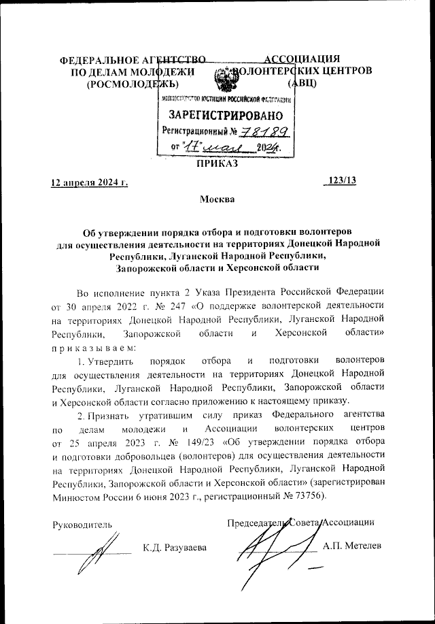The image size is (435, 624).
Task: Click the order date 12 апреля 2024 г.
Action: pyautogui.click(x=90, y=182)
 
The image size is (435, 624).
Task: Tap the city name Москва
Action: pyautogui.click(x=217, y=199)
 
